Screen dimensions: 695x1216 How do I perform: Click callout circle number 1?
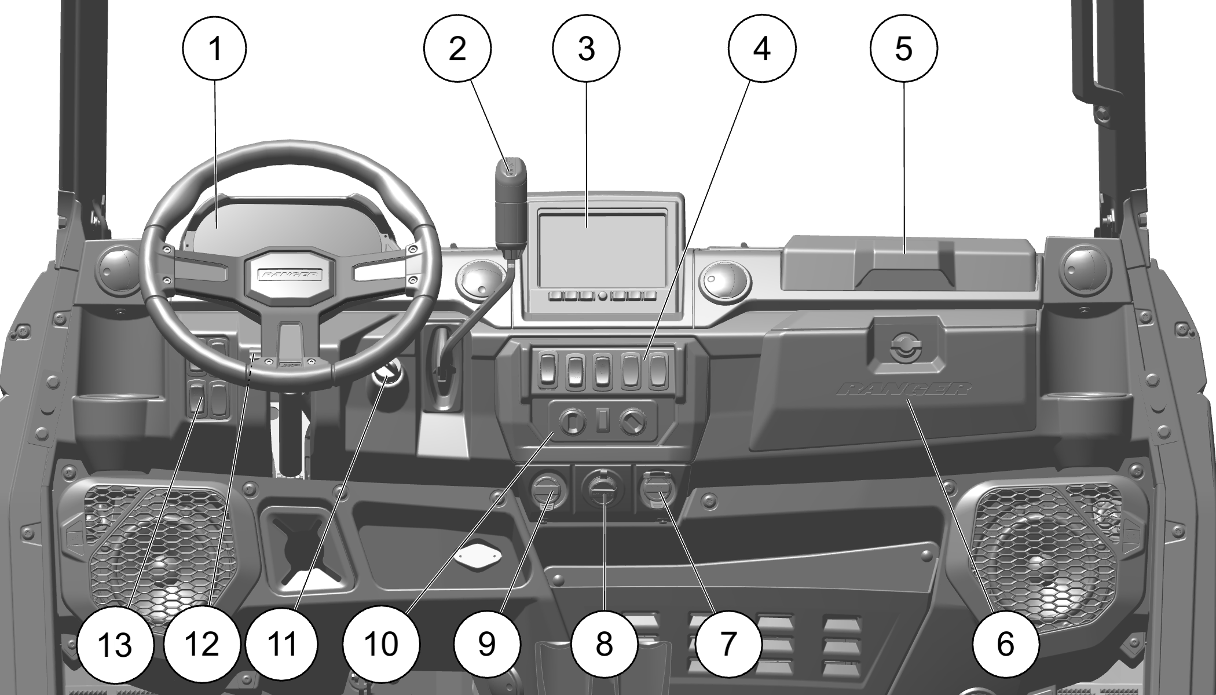pyautogui.click(x=215, y=48)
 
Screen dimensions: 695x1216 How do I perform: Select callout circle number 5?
pyautogui.click(x=903, y=48)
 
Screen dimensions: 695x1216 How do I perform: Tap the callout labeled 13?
pyautogui.click(x=115, y=644)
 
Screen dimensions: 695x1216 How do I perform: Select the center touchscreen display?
pyautogui.click(x=602, y=249)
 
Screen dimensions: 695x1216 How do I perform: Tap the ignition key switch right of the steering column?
pyautogui.click(x=386, y=376)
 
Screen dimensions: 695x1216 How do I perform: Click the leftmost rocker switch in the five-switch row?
pyautogui.click(x=547, y=371)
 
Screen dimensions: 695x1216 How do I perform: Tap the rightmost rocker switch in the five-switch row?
pyautogui.click(x=657, y=371)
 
